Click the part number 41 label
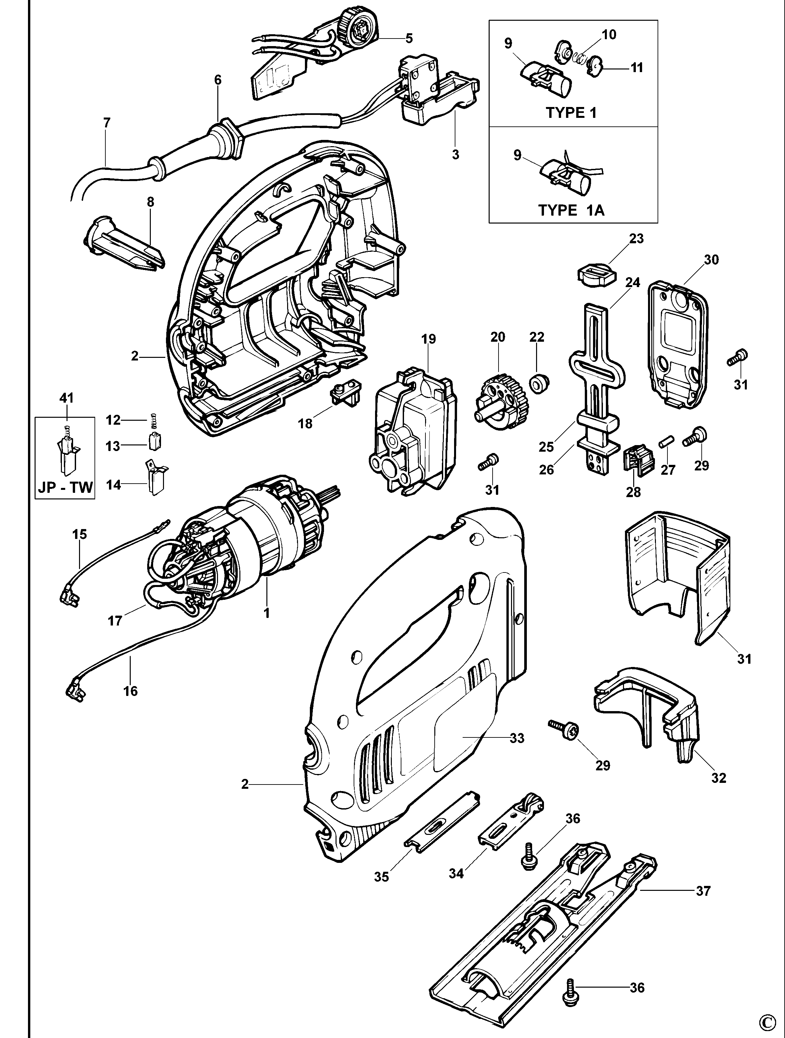pyautogui.click(x=66, y=398)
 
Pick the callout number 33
pyautogui.click(x=517, y=738)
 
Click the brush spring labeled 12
pyautogui.click(x=153, y=420)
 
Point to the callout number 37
pyautogui.click(x=703, y=891)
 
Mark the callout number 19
pyautogui.click(x=428, y=339)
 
